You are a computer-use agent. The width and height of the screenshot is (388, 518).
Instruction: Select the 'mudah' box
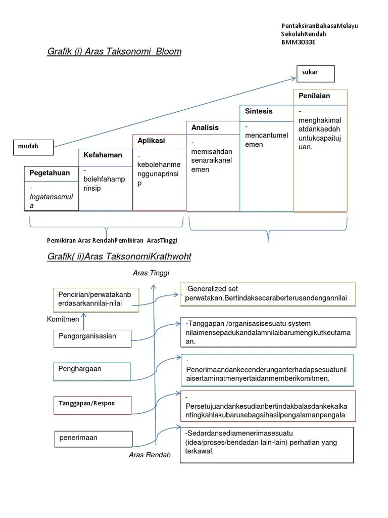coord(34,147)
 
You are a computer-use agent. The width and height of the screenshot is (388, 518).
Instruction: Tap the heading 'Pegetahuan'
coord(50,173)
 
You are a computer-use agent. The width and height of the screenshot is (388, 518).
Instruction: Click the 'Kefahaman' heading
coord(103,155)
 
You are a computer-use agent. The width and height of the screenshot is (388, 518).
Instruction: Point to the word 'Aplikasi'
coord(152,141)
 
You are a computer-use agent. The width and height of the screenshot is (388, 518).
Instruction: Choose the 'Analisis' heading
coord(205,127)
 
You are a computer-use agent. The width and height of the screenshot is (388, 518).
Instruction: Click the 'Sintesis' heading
coord(259,111)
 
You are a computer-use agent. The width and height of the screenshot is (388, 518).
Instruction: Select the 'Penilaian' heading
coord(314,96)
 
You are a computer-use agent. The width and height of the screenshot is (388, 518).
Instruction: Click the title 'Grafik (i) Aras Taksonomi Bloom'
coord(114,52)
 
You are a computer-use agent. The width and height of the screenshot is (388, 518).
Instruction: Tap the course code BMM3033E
coord(298,42)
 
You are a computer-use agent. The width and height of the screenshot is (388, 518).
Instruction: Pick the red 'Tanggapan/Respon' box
coord(92,404)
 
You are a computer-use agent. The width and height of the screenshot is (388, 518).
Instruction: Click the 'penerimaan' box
coord(93,439)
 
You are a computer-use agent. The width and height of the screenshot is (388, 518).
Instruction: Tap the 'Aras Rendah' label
coord(150,455)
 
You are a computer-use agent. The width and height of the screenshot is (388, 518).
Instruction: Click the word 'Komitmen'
coord(63,320)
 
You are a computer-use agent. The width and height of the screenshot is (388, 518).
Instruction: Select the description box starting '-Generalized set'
coord(268,294)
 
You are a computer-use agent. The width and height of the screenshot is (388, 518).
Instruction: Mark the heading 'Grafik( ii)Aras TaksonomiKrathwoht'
coord(119,257)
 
